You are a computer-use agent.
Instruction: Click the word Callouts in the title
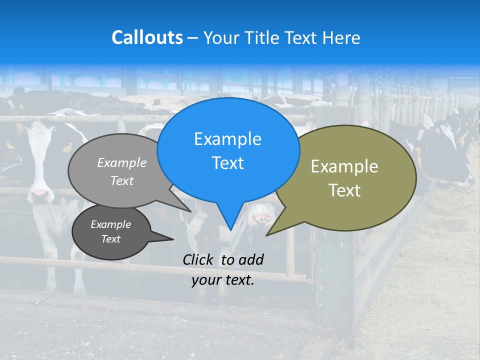[x=147, y=37]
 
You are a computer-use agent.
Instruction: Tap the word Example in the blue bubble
[x=227, y=139]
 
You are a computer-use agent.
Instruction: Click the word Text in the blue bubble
[x=227, y=163]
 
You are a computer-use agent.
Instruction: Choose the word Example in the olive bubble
[x=344, y=166]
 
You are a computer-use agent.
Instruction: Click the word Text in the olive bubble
[x=344, y=190]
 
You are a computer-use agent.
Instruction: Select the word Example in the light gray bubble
[x=122, y=162]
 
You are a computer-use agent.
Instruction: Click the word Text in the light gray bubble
[x=122, y=180]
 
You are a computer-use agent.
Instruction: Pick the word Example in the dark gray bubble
[x=110, y=224]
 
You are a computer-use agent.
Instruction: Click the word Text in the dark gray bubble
[x=110, y=239]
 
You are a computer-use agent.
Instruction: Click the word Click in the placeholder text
[x=199, y=259]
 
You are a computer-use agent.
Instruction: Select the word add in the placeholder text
[x=251, y=259]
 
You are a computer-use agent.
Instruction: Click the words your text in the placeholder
[x=222, y=280]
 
